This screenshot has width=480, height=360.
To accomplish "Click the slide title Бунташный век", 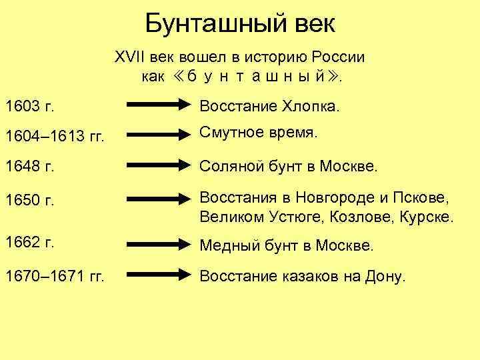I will (240, 25).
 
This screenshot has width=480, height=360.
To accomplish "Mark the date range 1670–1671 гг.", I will (53, 275).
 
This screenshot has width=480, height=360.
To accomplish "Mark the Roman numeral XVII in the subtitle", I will (129, 57).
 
